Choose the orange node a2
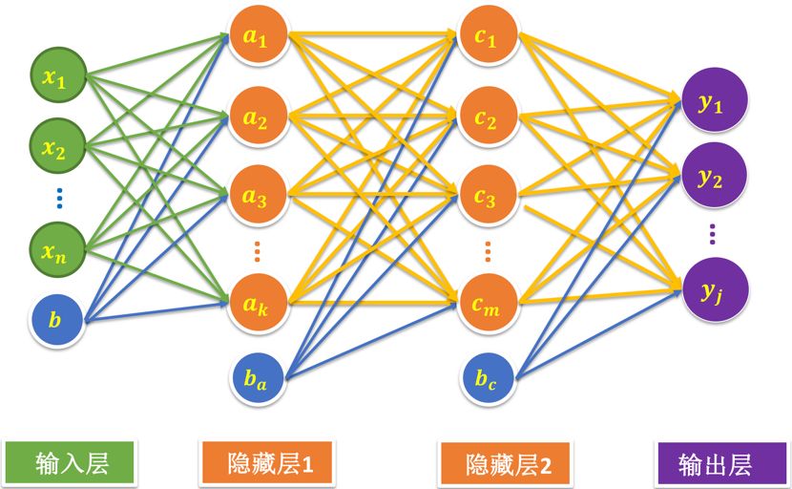pyautogui.click(x=256, y=119)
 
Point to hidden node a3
pyautogui.click(x=256, y=197)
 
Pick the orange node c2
pyautogui.click(x=487, y=119)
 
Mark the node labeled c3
pyautogui.click(x=487, y=197)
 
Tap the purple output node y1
pyautogui.click(x=712, y=103)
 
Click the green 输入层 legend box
pyautogui.click(x=71, y=463)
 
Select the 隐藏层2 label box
pyautogui.click(x=508, y=465)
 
